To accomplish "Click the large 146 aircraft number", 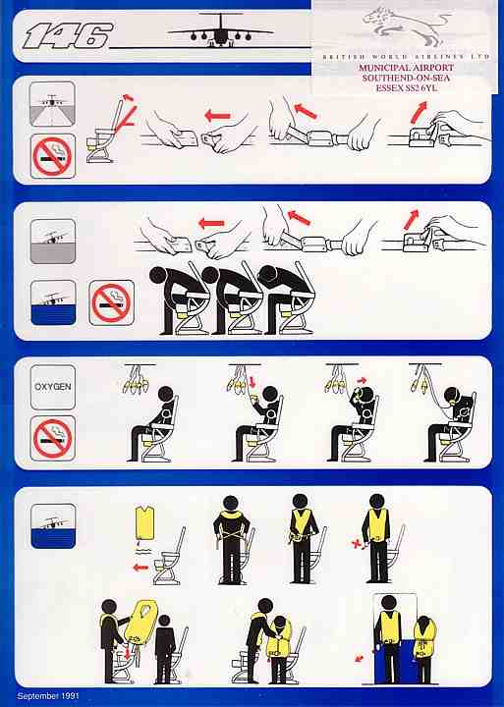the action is (67, 35).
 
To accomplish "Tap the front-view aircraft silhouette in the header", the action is (220, 30).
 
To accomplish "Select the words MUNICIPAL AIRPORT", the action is (406, 68).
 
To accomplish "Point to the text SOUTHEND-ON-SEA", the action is (406, 78).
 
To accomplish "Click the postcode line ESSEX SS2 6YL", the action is (406, 88).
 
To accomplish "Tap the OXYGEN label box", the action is (53, 387).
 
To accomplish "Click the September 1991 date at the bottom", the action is (48, 696).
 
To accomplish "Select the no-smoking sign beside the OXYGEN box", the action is (53, 438).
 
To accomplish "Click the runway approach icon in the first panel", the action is (52, 104).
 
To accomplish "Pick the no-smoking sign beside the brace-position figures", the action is (111, 302).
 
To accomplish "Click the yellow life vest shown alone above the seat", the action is (144, 522).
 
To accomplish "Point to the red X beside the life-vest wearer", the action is (356, 544).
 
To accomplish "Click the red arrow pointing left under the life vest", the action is (140, 568).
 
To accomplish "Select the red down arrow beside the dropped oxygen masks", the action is (252, 381).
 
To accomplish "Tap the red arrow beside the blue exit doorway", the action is (360, 659).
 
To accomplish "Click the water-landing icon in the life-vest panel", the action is (53, 526).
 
